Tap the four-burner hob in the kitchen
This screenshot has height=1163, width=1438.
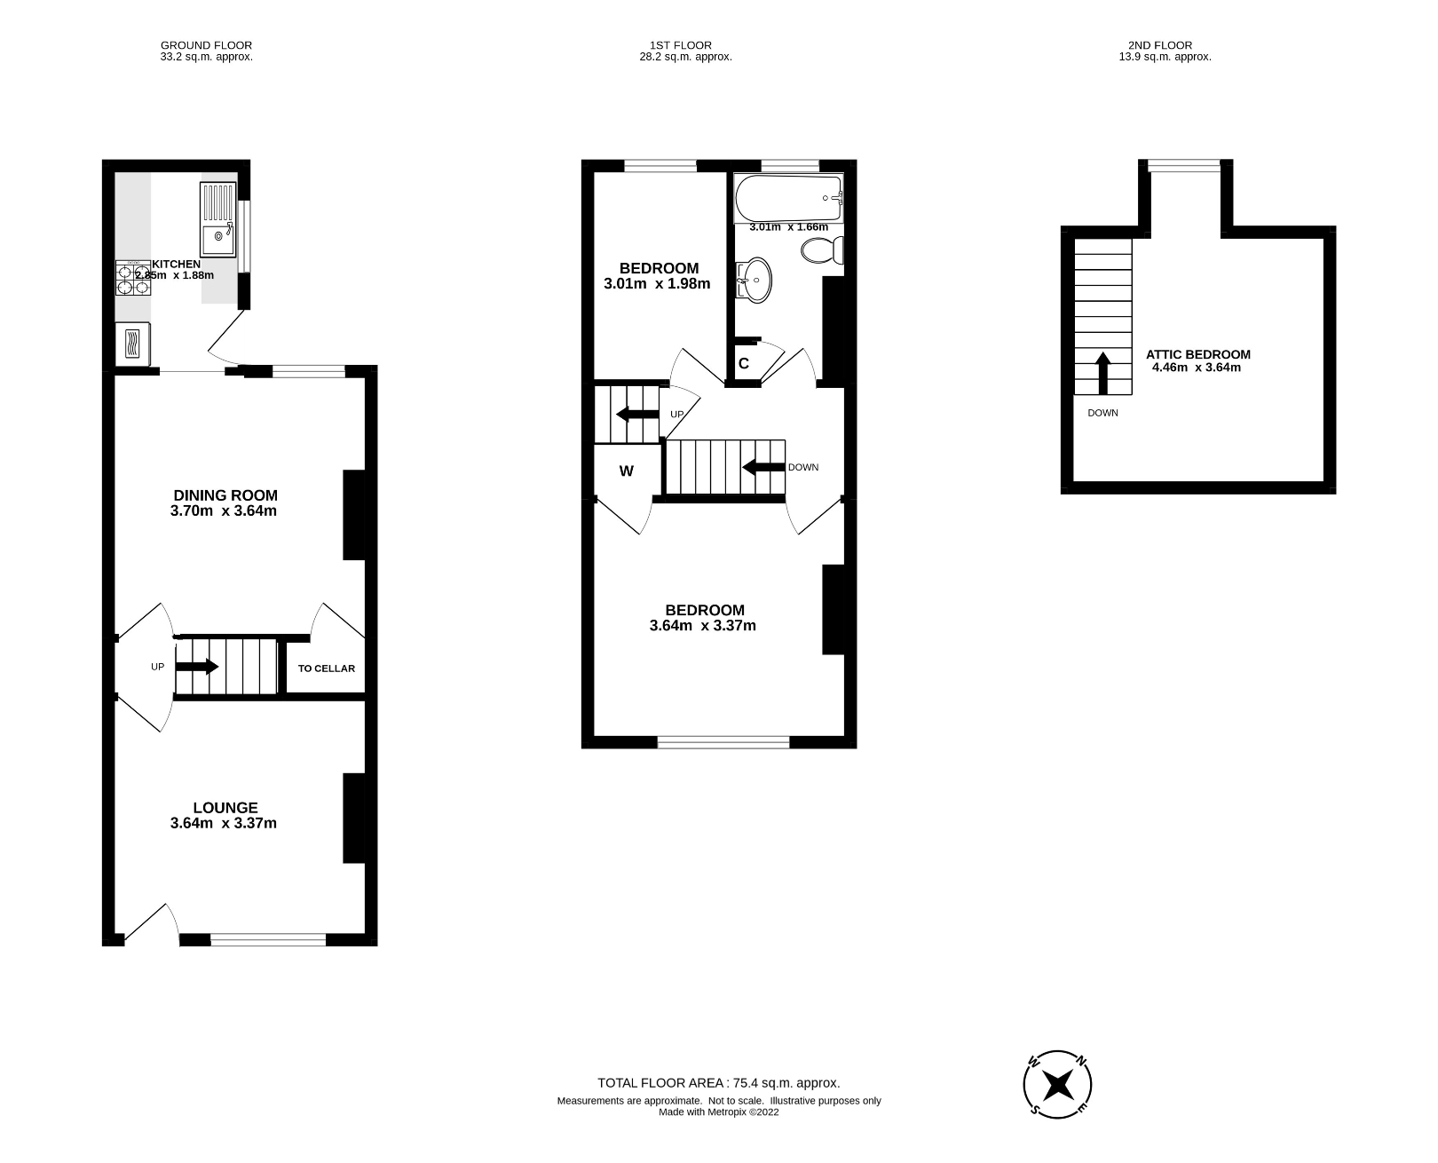click(x=133, y=278)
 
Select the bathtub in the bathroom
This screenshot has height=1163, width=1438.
click(x=787, y=198)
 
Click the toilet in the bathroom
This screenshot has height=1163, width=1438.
click(x=822, y=250)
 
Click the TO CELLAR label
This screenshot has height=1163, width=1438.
click(x=326, y=669)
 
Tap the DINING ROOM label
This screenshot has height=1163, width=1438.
click(x=225, y=495)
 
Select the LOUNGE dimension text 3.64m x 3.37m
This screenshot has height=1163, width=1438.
click(x=223, y=823)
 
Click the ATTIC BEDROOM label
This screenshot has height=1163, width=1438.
click(x=1197, y=354)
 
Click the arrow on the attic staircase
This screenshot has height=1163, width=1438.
click(x=1102, y=372)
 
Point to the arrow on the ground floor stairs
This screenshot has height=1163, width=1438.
click(x=197, y=667)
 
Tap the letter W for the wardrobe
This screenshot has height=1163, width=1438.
click(x=627, y=471)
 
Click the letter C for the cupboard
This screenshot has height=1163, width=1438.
click(x=744, y=363)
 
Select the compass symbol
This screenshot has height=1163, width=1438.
click(x=1057, y=1084)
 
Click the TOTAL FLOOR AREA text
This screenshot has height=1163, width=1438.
click(x=718, y=1083)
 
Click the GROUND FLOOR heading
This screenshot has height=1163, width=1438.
click(x=206, y=45)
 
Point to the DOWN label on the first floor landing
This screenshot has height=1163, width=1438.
click(x=802, y=467)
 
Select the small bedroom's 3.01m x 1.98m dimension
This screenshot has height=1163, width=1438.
click(x=657, y=284)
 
